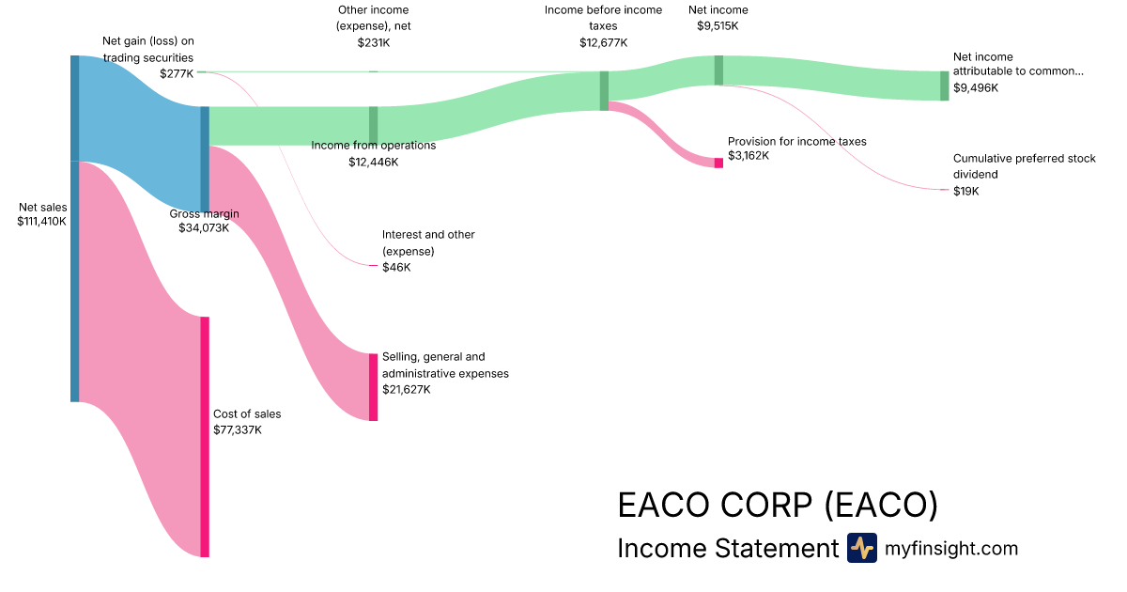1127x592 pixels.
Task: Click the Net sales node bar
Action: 74,228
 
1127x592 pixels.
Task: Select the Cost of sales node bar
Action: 204,437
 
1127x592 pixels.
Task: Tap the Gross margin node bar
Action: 205,160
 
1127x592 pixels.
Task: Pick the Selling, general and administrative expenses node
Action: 373,387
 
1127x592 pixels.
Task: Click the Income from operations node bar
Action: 373,126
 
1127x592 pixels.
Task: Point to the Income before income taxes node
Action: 604,91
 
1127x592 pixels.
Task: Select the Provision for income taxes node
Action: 718,163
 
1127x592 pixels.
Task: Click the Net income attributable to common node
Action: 945,86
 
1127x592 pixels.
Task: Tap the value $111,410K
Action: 42,222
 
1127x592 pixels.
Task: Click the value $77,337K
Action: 238,429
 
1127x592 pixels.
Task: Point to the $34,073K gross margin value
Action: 204,227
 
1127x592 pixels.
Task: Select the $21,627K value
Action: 407,389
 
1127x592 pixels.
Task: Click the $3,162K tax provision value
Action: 749,155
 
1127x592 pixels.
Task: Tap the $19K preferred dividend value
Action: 965,191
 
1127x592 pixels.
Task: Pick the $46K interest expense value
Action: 396,268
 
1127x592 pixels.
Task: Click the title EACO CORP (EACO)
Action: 778,506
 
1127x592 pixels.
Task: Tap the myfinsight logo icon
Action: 861,548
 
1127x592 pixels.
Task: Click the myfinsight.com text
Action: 951,548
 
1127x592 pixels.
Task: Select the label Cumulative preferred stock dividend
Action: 1024,166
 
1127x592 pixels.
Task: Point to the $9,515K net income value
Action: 718,25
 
